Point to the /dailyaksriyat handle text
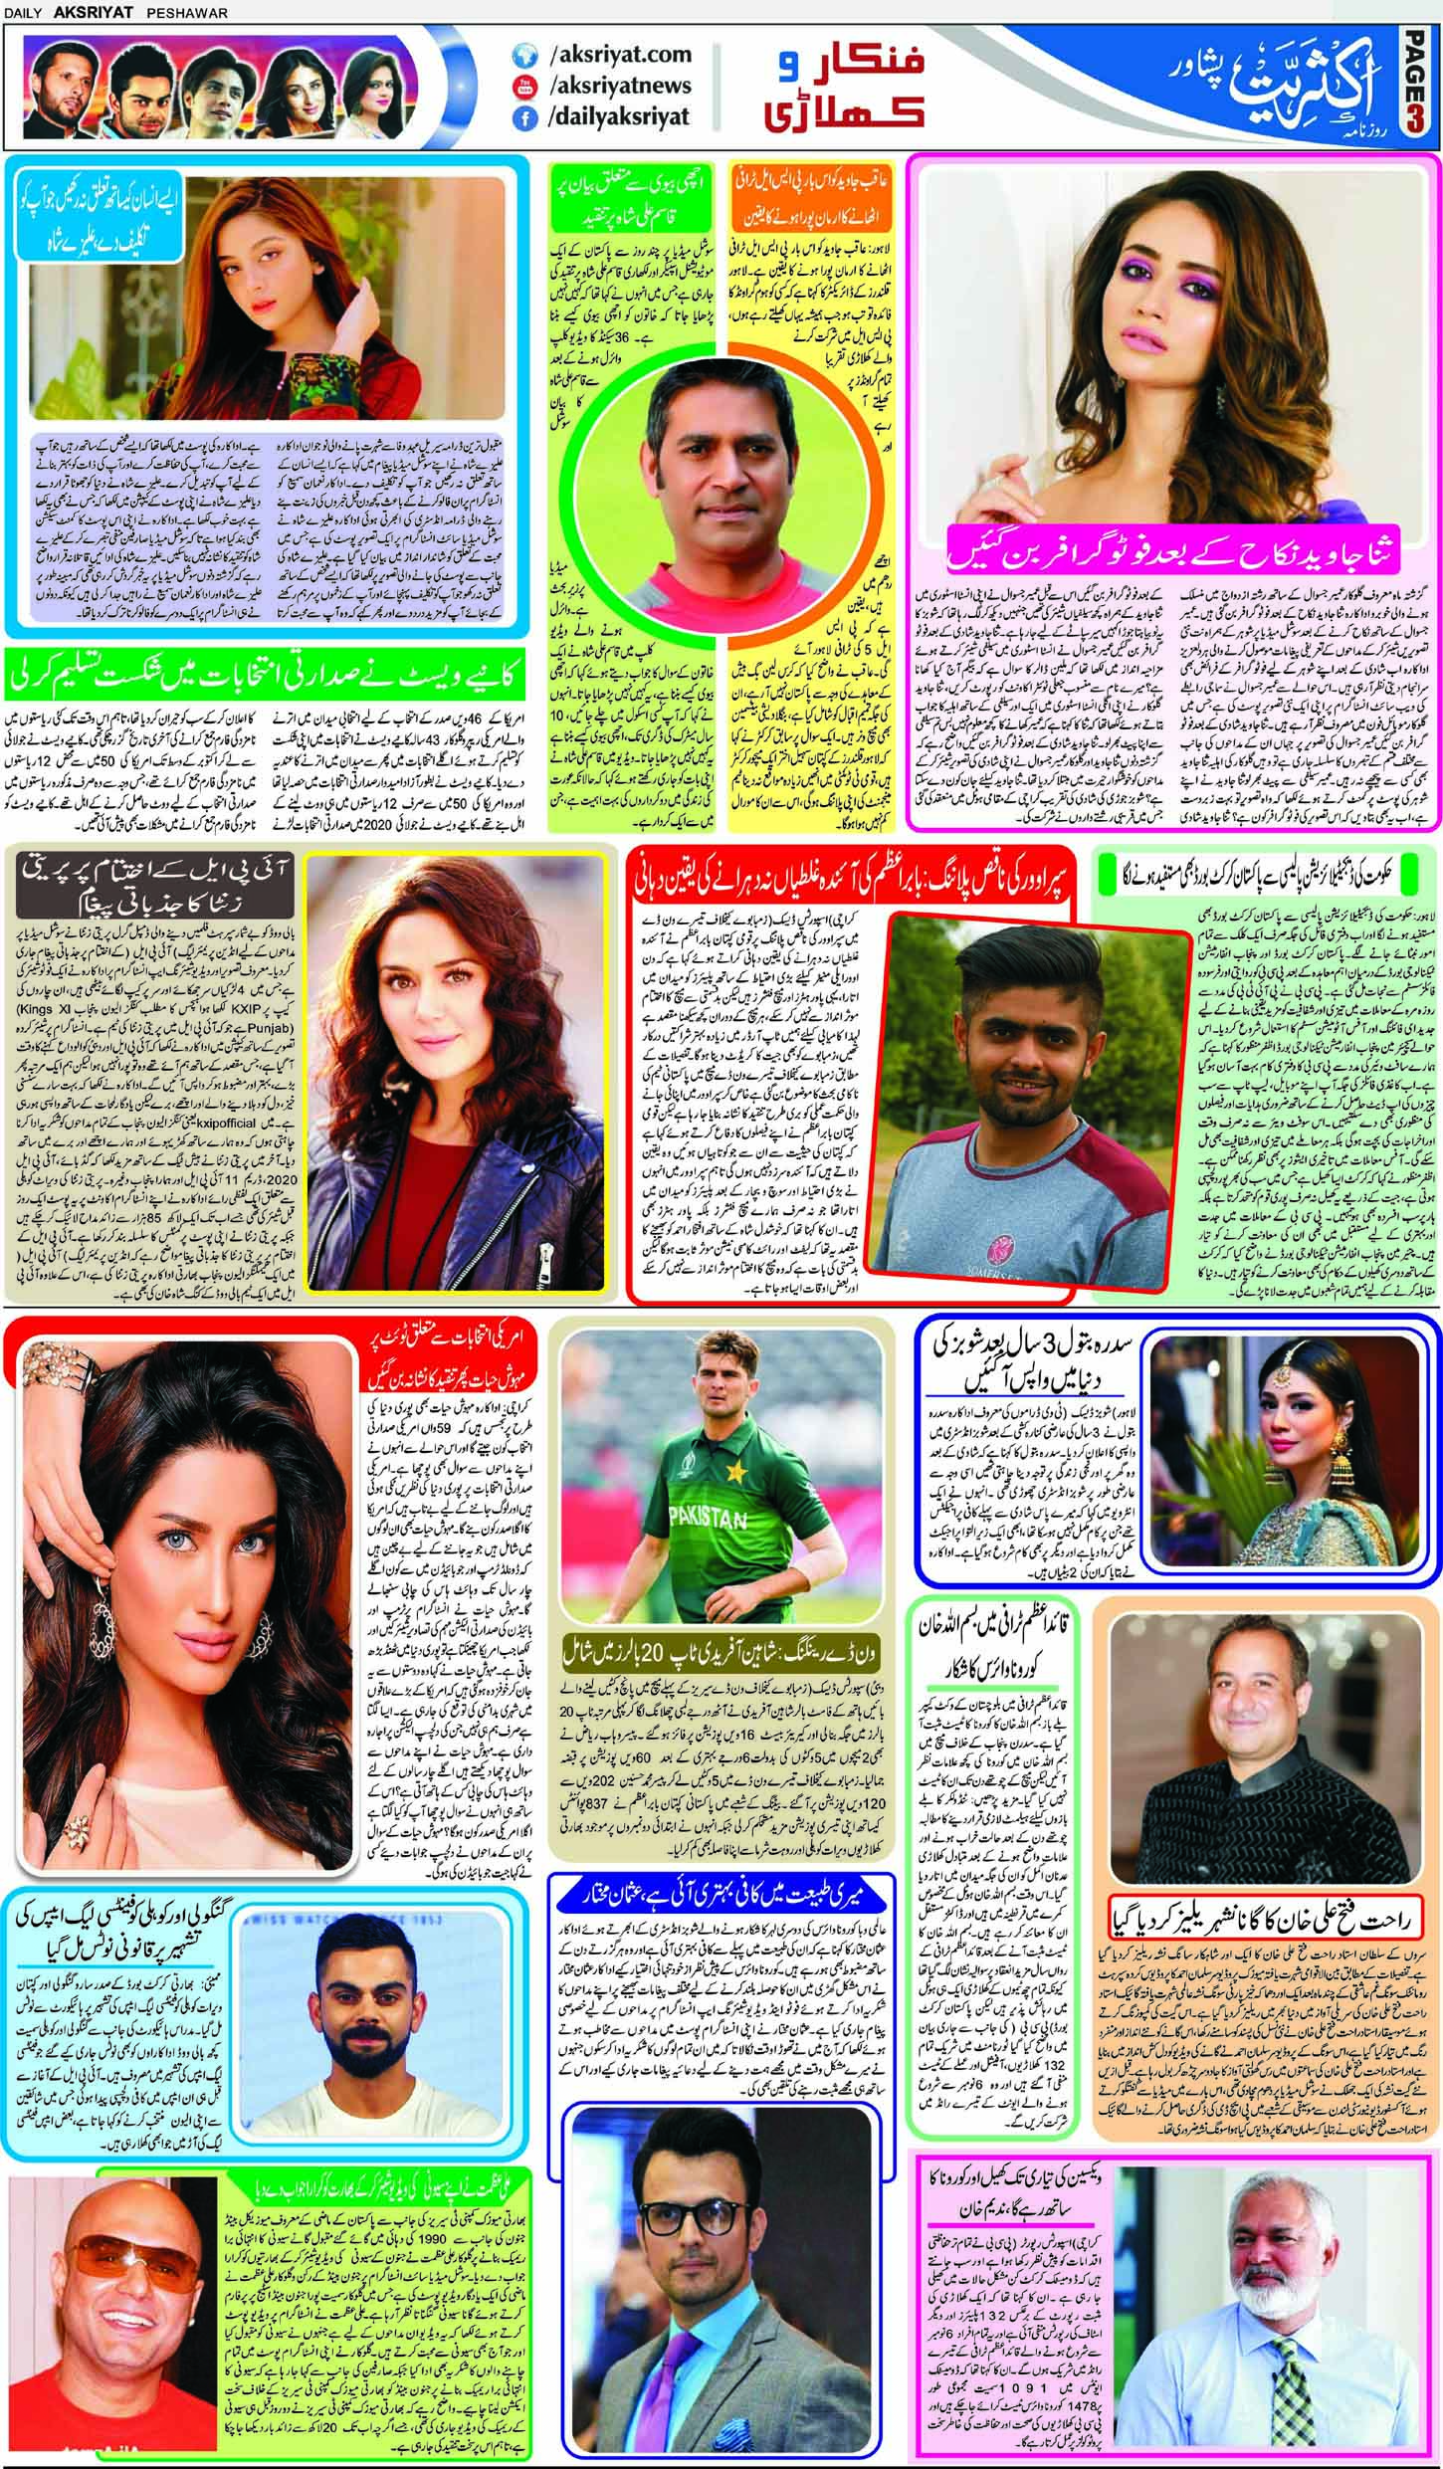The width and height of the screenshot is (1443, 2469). click(618, 118)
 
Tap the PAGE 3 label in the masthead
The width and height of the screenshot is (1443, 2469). click(1419, 88)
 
